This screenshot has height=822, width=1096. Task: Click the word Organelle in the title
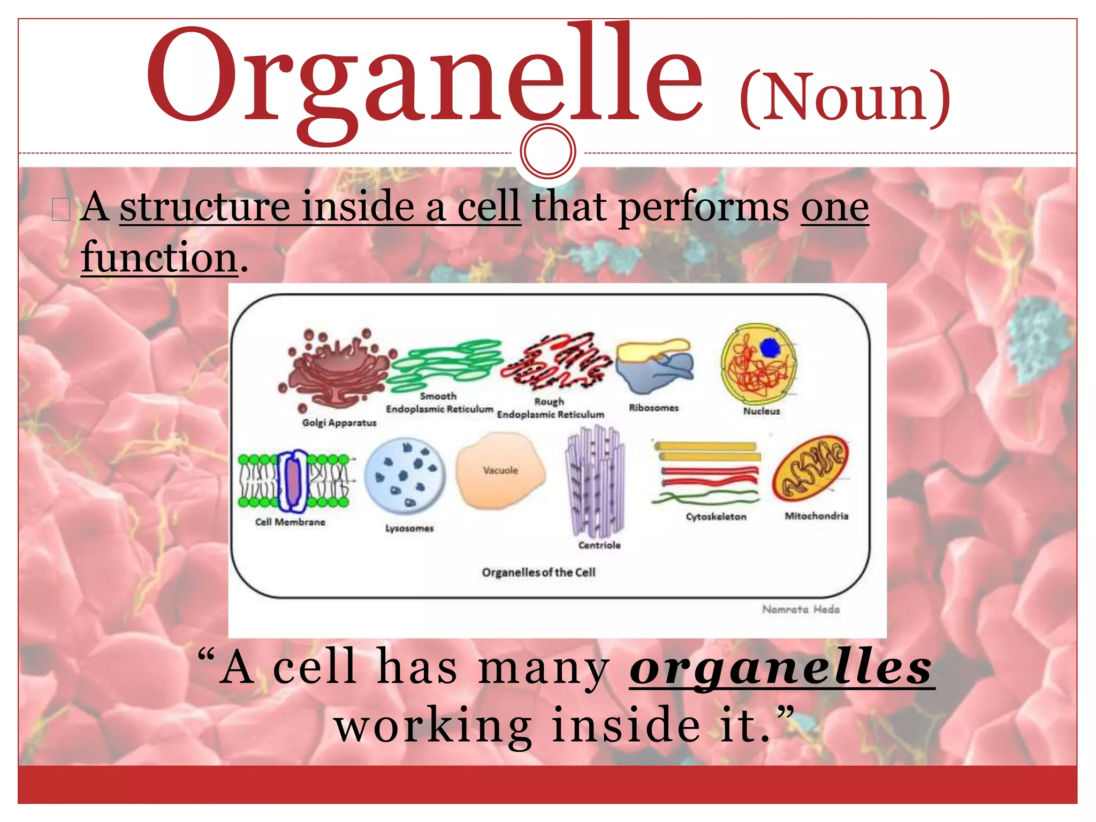(423, 78)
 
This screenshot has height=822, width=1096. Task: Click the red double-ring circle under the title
(547, 151)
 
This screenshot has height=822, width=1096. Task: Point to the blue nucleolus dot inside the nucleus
(770, 348)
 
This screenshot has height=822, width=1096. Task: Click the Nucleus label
(761, 411)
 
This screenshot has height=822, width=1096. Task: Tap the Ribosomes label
(653, 408)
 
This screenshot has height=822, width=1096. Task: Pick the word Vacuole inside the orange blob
(500, 470)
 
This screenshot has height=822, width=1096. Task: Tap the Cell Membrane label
(290, 522)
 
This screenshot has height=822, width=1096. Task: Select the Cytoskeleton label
(716, 516)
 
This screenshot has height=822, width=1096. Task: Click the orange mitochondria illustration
(810, 468)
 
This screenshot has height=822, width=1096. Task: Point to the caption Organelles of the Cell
(538, 572)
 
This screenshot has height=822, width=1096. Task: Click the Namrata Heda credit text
(801, 609)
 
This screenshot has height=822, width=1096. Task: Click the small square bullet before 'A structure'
(61, 209)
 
